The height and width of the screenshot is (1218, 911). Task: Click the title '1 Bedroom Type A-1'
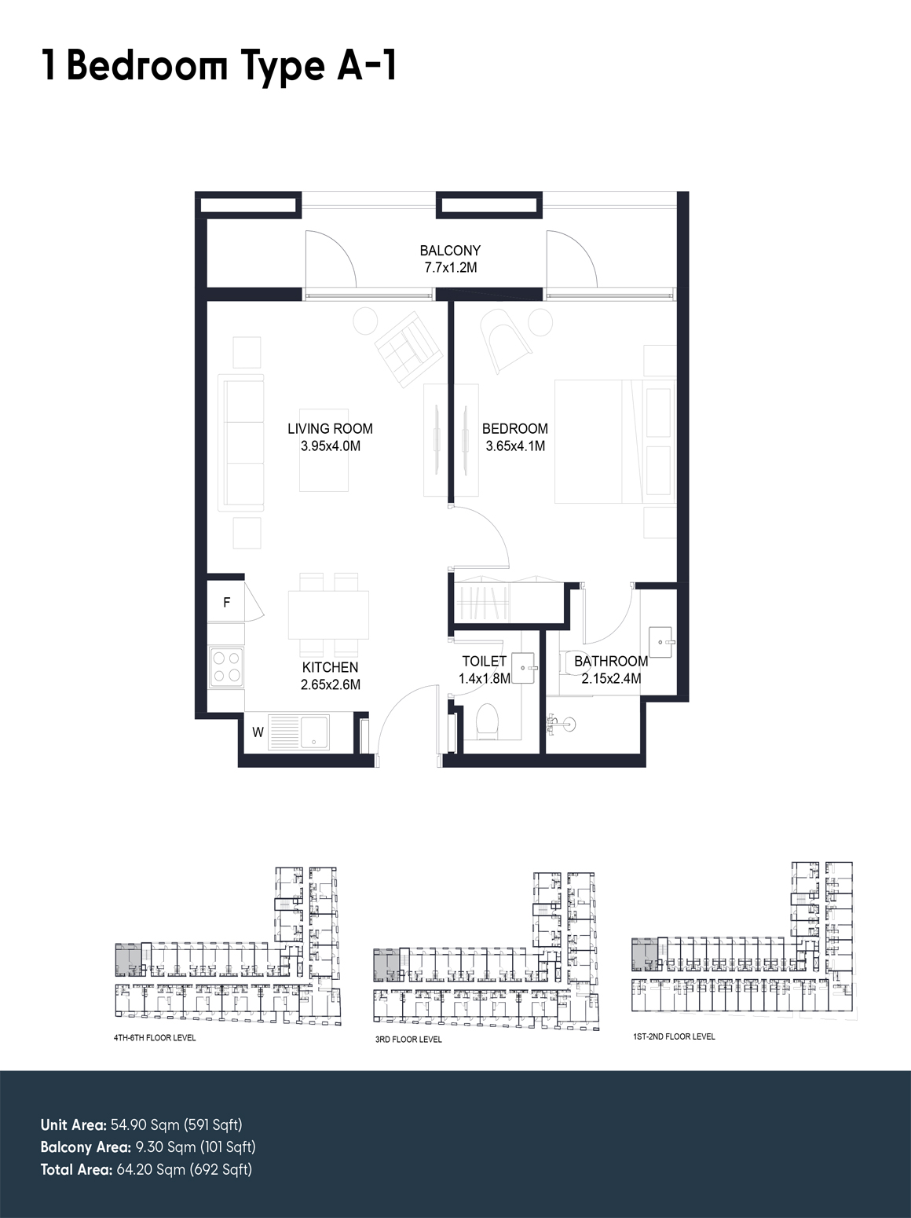219,66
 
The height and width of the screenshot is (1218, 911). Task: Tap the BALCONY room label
450,251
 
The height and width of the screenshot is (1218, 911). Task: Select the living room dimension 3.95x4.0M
330,446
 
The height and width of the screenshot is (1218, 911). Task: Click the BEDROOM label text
515,428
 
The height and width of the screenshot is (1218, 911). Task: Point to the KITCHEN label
330,667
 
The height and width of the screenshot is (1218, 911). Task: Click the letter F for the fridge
227,603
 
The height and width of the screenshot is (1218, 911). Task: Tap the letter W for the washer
258,732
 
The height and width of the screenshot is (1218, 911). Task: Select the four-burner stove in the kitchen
227,667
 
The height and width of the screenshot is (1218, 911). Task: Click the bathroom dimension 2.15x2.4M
611,678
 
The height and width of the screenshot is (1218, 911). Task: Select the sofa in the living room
241,443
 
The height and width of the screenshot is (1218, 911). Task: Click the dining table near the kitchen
328,615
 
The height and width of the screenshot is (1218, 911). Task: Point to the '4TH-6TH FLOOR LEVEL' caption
155,1038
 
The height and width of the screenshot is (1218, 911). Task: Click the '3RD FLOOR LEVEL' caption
408,1040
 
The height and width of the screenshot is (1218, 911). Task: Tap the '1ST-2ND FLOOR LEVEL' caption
674,1036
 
